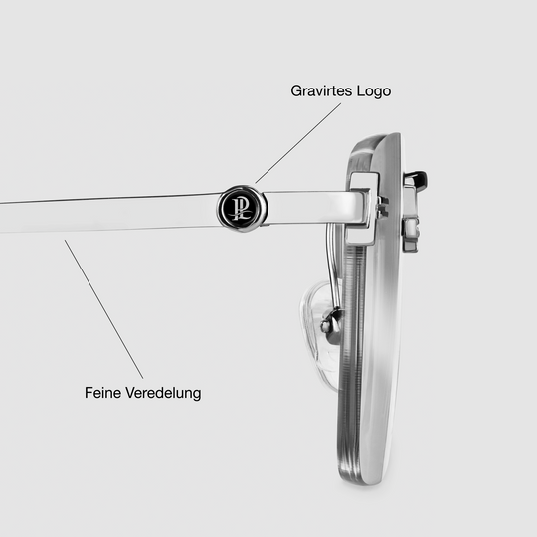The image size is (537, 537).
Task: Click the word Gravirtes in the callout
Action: click(321, 91)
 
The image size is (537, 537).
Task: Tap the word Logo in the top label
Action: click(374, 91)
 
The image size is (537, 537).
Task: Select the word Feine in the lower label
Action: click(102, 393)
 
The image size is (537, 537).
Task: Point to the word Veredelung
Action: click(163, 393)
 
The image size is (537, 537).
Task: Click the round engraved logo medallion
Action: click(242, 209)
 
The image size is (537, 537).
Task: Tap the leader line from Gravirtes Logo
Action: click(298, 143)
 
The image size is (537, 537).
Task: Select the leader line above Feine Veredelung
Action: click(103, 309)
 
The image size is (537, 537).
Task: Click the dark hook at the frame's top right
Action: click(415, 180)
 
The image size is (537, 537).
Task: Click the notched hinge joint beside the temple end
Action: click(382, 207)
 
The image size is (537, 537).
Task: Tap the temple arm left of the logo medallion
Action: click(108, 214)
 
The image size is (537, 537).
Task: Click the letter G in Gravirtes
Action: click(297, 91)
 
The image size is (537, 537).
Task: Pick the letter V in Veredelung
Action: click(130, 393)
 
